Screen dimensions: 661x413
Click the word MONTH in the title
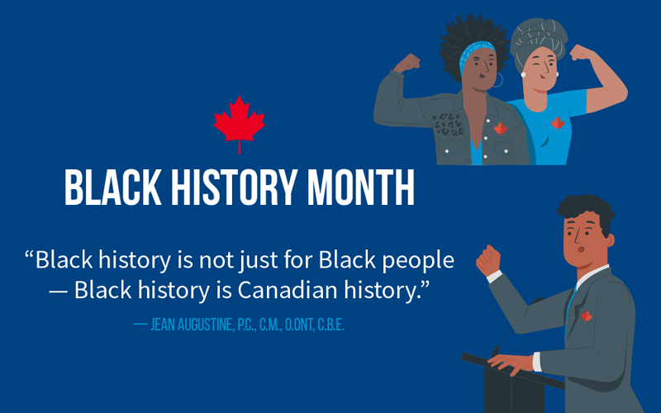[x=361, y=188]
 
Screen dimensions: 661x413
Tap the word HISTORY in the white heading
[x=235, y=188]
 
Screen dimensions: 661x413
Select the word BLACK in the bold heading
[x=112, y=188]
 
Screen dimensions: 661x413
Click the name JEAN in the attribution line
[x=163, y=325]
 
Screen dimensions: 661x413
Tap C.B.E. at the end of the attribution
[x=331, y=325]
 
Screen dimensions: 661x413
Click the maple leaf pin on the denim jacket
[x=501, y=129]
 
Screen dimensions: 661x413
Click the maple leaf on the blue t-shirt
[x=558, y=123]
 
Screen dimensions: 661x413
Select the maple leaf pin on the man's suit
[x=587, y=316]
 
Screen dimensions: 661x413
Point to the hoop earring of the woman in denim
[x=498, y=80]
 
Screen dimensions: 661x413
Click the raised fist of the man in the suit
[x=488, y=260]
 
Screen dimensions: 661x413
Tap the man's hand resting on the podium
[x=510, y=363]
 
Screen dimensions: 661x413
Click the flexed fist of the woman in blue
[x=583, y=53]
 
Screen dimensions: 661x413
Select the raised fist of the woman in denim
[x=407, y=64]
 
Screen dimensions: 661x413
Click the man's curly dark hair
[x=587, y=210]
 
